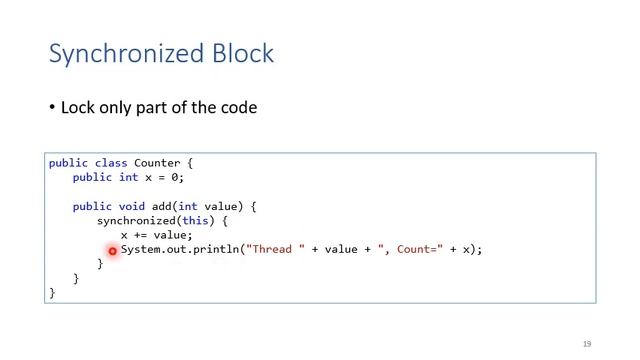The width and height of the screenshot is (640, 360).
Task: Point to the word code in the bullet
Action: tap(237, 107)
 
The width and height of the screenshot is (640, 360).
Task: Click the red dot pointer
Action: tap(112, 251)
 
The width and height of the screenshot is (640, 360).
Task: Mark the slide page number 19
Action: tap(587, 343)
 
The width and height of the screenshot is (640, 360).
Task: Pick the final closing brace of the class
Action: tap(52, 293)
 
